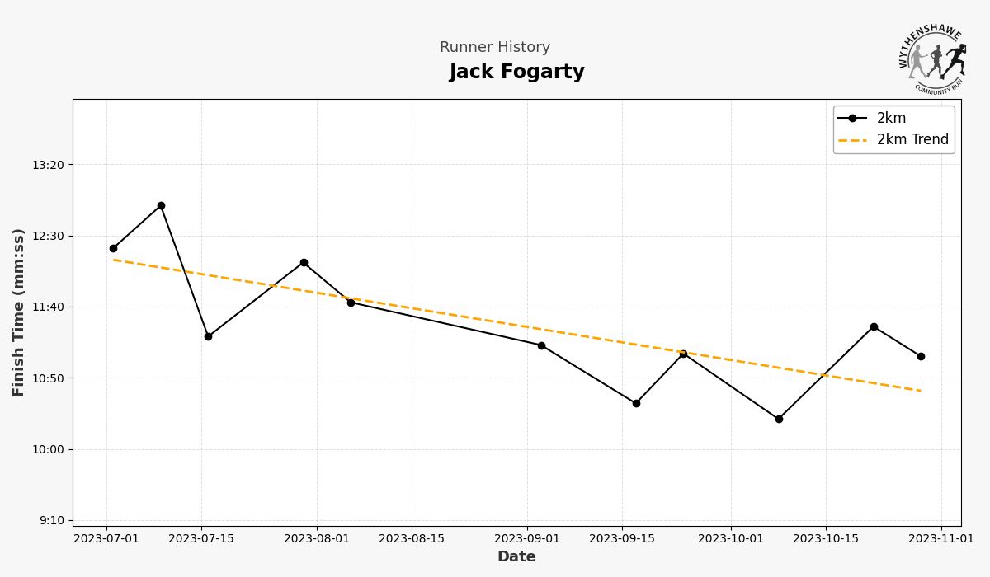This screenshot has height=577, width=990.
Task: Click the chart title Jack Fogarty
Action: pos(516,73)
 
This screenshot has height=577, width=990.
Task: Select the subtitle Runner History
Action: pos(494,48)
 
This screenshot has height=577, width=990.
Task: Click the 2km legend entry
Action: pos(891,119)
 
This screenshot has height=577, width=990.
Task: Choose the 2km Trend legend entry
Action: pos(912,140)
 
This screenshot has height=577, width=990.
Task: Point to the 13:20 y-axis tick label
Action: pos(48,165)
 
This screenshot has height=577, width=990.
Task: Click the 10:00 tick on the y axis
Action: pos(48,449)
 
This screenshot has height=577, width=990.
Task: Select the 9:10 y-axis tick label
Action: pos(51,520)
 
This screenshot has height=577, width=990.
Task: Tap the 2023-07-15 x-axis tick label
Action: pos(201,539)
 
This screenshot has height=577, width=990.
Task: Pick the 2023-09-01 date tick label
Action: pos(527,539)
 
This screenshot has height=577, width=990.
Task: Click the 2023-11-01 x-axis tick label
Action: pos(941,539)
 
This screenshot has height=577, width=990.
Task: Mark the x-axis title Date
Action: pos(516,557)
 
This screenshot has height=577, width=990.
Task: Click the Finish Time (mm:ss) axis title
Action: pos(19,312)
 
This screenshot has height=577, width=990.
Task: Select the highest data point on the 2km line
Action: pos(161,206)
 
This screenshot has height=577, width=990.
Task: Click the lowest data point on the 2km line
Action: pos(779,419)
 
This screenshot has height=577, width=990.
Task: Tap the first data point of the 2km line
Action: pos(113,248)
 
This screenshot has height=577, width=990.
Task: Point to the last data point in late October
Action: pos(921,356)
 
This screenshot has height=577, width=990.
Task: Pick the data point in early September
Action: pos(541,345)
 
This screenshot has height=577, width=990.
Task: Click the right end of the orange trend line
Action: pos(921,391)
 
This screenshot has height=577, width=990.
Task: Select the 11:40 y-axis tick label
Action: pos(48,307)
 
